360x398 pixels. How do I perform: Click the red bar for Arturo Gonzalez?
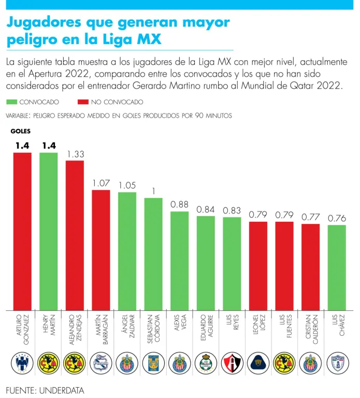22,231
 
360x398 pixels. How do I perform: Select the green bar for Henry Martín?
49,231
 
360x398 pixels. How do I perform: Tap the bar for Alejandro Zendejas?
75,235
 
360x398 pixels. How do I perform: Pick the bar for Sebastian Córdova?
153,254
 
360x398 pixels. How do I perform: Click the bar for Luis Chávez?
337,267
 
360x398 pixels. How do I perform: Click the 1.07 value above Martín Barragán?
101,183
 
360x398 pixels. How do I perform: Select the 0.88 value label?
179,205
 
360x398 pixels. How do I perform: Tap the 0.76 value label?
337,219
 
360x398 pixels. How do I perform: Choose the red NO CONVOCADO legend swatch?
82,102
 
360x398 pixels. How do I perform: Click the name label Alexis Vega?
179,328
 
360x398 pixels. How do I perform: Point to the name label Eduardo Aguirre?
206,332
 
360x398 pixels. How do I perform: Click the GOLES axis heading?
21,132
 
